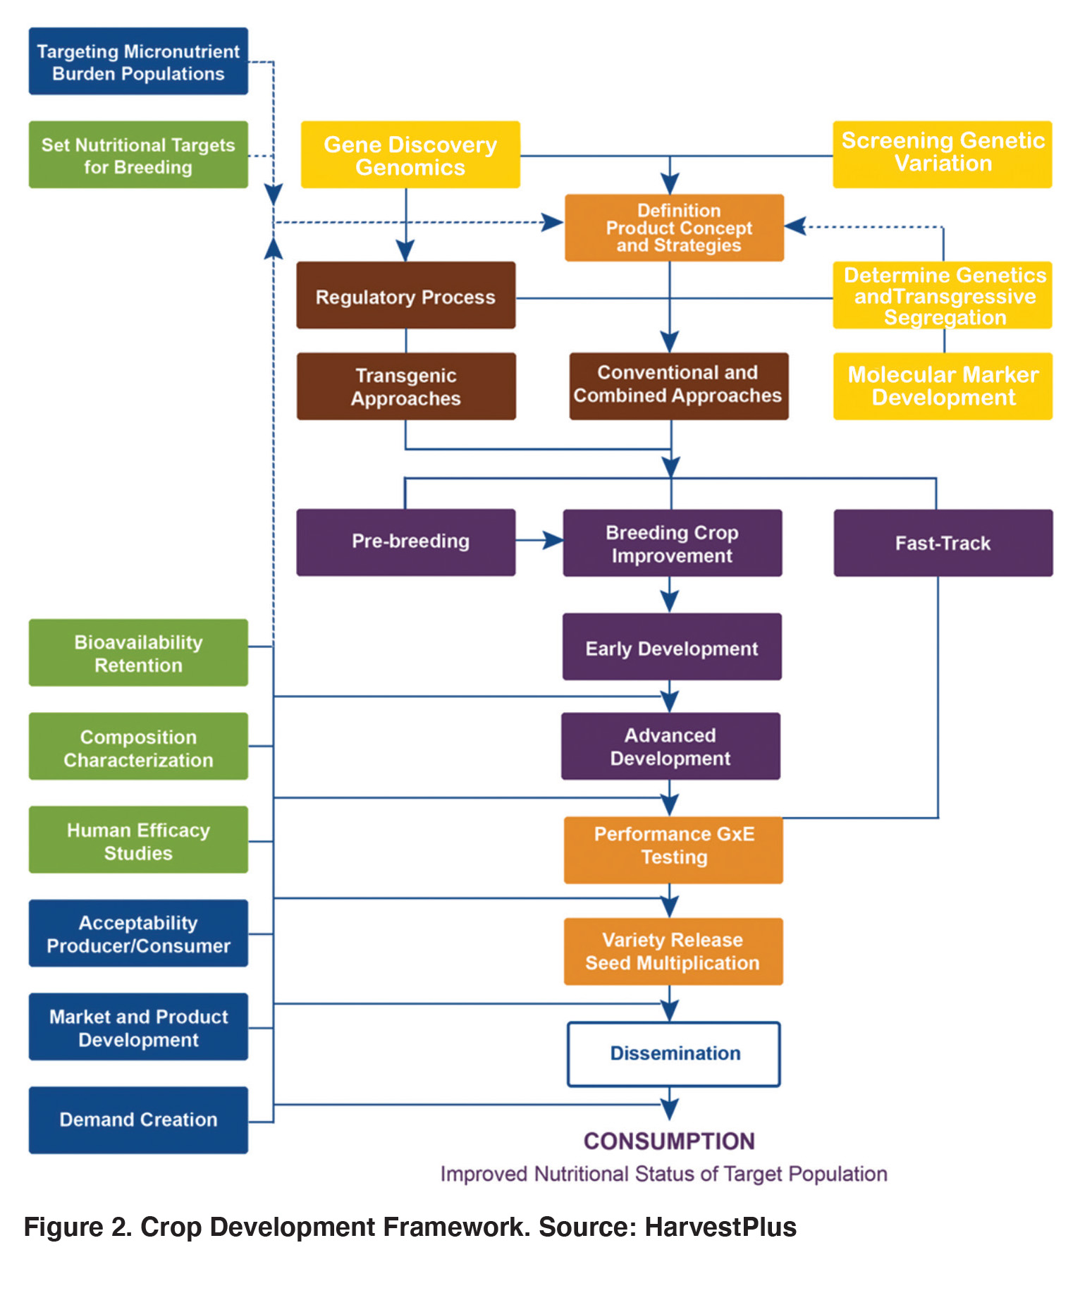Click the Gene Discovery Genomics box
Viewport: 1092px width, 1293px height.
pos(410,154)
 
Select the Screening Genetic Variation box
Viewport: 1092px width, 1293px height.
pos(942,154)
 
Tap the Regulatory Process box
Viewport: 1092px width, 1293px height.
pos(405,295)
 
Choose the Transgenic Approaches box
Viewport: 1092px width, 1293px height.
pos(405,386)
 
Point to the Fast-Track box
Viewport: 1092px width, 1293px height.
pos(943,543)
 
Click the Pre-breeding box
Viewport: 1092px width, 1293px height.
pos(405,542)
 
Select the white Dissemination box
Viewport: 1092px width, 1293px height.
pos(673,1054)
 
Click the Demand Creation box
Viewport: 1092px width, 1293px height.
pos(138,1120)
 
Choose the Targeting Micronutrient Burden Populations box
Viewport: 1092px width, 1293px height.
pos(138,61)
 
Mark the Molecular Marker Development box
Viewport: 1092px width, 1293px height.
pos(943,386)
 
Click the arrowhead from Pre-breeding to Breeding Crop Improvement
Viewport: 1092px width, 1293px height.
pos(553,541)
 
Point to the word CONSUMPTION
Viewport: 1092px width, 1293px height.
pos(669,1141)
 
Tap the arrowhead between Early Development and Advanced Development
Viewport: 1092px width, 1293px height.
pos(670,701)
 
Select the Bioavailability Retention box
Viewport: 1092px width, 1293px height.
pos(138,653)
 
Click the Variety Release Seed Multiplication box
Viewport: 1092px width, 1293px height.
pos(673,951)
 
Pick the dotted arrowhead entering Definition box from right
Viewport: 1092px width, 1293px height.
pos(795,226)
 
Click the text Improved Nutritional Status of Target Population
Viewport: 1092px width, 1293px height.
pos(663,1174)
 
